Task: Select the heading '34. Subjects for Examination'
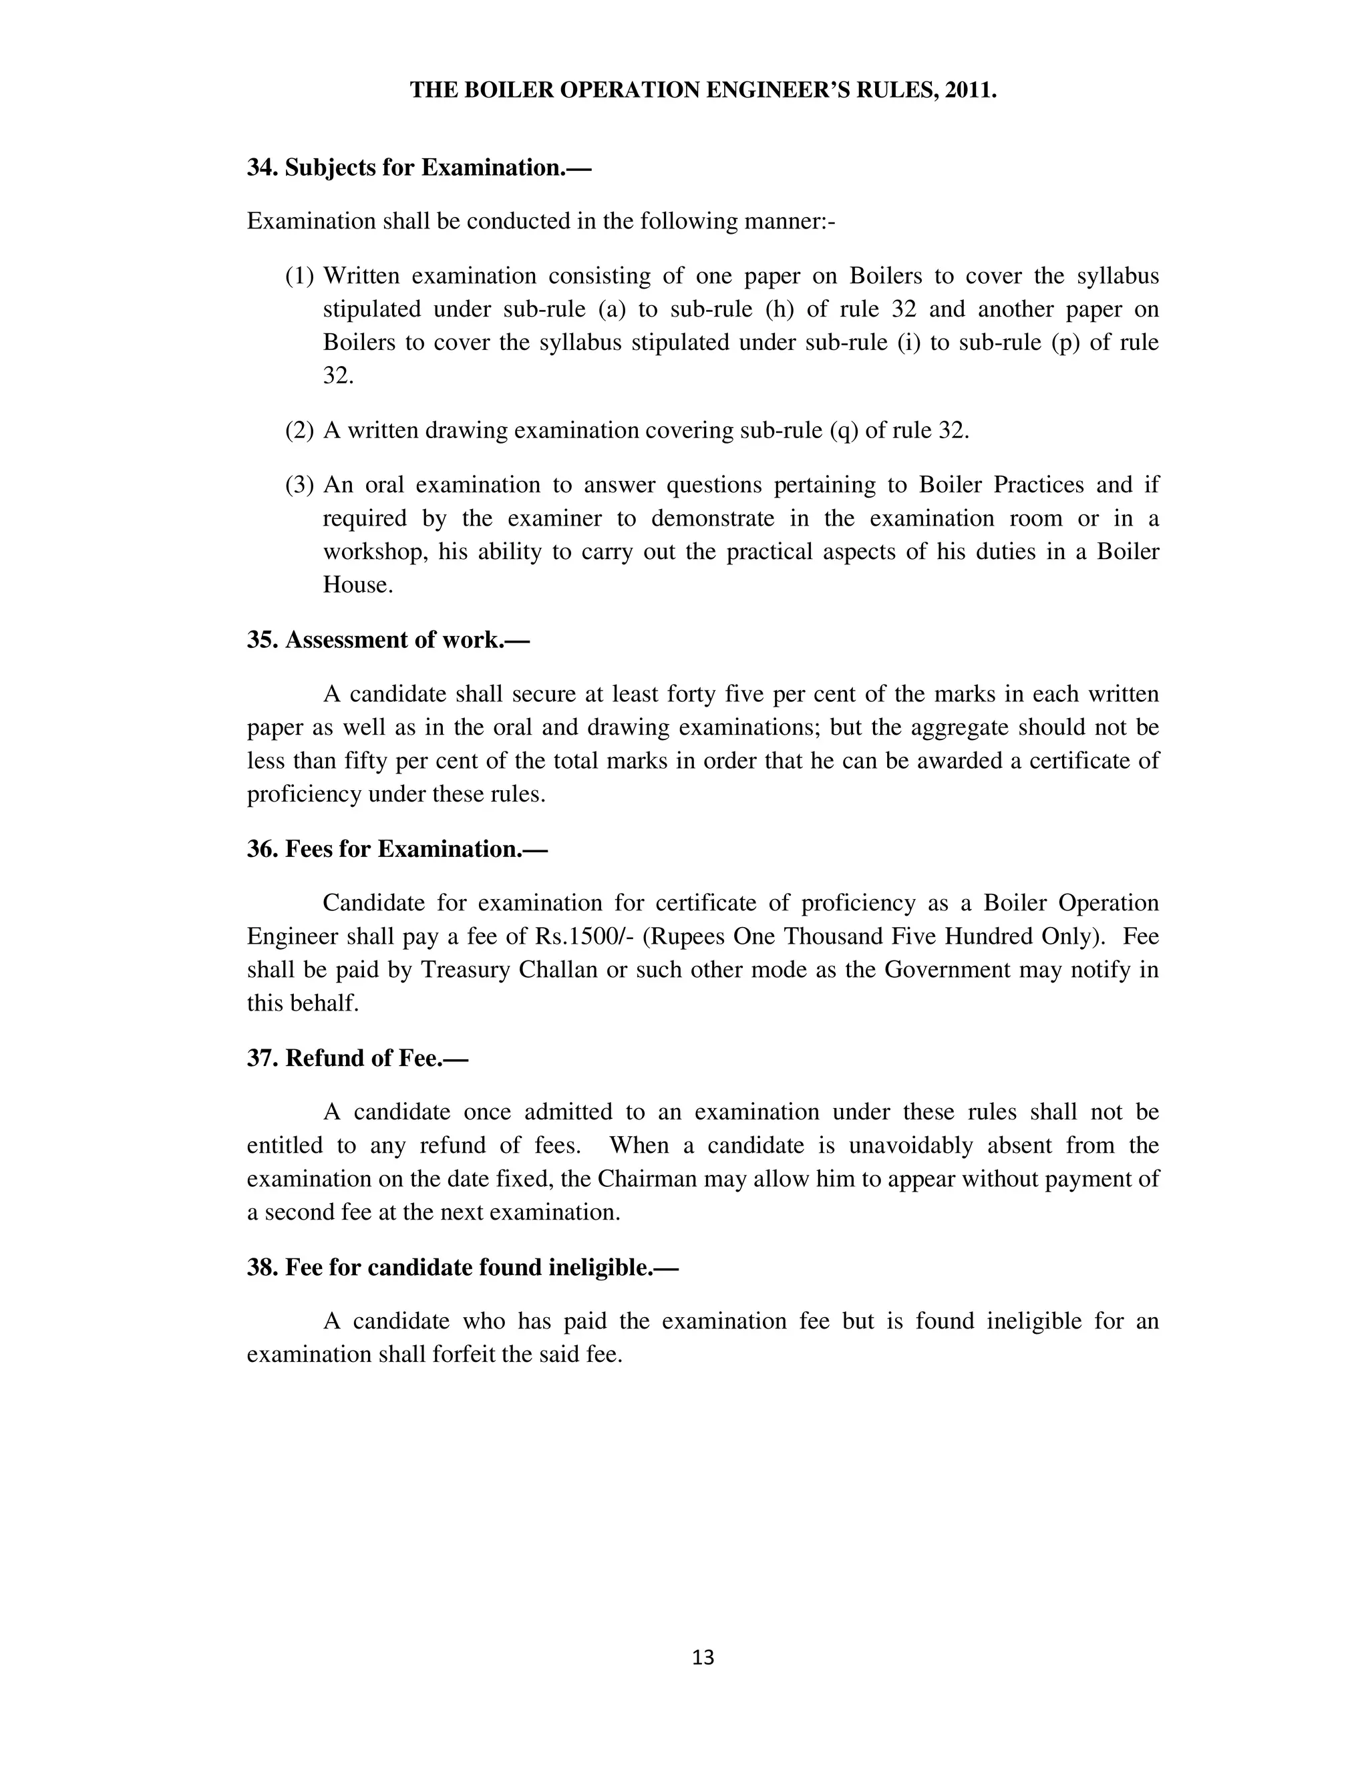419,168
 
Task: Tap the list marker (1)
299,277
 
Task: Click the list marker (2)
299,430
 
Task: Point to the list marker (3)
299,486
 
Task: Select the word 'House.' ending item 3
357,585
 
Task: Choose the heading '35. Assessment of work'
387,641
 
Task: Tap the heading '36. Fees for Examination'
397,850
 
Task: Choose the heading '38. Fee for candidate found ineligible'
462,1268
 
